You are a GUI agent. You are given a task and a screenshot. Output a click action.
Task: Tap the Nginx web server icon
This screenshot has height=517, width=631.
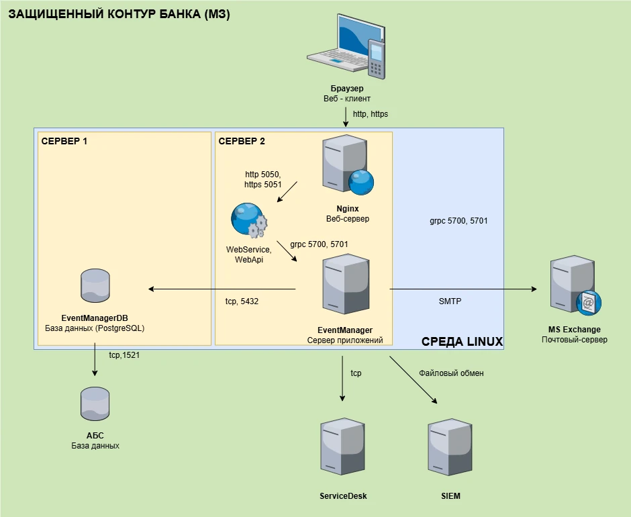pyautogui.click(x=346, y=164)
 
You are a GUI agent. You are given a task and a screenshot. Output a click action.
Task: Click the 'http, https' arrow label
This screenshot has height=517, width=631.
pyautogui.click(x=371, y=114)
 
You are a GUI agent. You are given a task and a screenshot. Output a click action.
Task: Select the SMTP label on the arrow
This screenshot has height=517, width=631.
pyautogui.click(x=450, y=301)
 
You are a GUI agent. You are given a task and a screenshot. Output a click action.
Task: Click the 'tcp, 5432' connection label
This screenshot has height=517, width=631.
pyautogui.click(x=242, y=301)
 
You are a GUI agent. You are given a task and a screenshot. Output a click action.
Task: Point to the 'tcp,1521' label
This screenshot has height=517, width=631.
pyautogui.click(x=124, y=355)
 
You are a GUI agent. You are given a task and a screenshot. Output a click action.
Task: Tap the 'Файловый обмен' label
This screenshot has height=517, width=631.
pyautogui.click(x=451, y=373)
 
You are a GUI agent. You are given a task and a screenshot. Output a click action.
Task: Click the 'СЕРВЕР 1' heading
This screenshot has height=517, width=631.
pyautogui.click(x=64, y=141)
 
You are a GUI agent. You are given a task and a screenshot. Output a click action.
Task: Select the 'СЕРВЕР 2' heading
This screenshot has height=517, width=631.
pyautogui.click(x=242, y=141)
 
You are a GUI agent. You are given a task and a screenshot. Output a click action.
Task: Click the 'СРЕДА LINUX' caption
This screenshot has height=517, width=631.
pyautogui.click(x=462, y=341)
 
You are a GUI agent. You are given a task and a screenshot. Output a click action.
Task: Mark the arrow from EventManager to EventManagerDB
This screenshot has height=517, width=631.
pyautogui.click(x=222, y=289)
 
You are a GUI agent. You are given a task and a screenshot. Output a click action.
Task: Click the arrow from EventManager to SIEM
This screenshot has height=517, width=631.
pyautogui.click(x=414, y=379)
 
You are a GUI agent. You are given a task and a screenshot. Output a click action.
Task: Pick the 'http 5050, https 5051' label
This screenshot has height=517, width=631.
pyautogui.click(x=263, y=179)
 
